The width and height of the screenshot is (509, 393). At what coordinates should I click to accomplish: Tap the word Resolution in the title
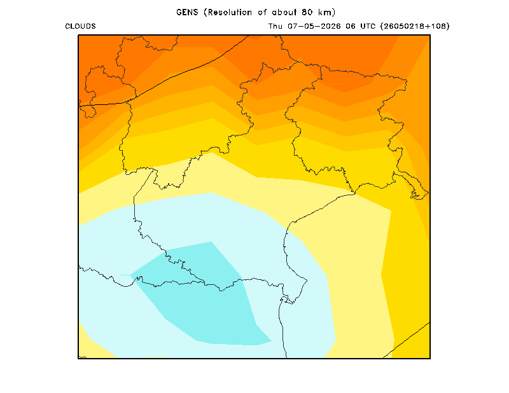click(230, 12)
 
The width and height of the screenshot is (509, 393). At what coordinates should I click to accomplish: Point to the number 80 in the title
click(307, 12)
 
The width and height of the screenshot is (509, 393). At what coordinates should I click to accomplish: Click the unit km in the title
click(325, 12)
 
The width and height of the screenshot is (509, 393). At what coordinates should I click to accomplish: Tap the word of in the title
click(262, 12)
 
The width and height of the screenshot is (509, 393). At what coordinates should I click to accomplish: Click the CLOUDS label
click(81, 26)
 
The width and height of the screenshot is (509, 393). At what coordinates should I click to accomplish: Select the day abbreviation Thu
click(275, 26)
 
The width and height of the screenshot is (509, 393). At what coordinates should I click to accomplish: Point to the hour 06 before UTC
click(351, 26)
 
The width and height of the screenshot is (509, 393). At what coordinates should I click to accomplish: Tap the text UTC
click(368, 26)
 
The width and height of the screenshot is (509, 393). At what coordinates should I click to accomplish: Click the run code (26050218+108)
click(415, 26)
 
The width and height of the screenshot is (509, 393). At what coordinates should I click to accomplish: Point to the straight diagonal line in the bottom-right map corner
click(407, 340)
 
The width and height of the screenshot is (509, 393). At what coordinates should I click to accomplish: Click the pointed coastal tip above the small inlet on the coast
click(307, 279)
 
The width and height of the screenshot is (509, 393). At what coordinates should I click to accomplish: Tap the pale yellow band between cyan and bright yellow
click(357, 259)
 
